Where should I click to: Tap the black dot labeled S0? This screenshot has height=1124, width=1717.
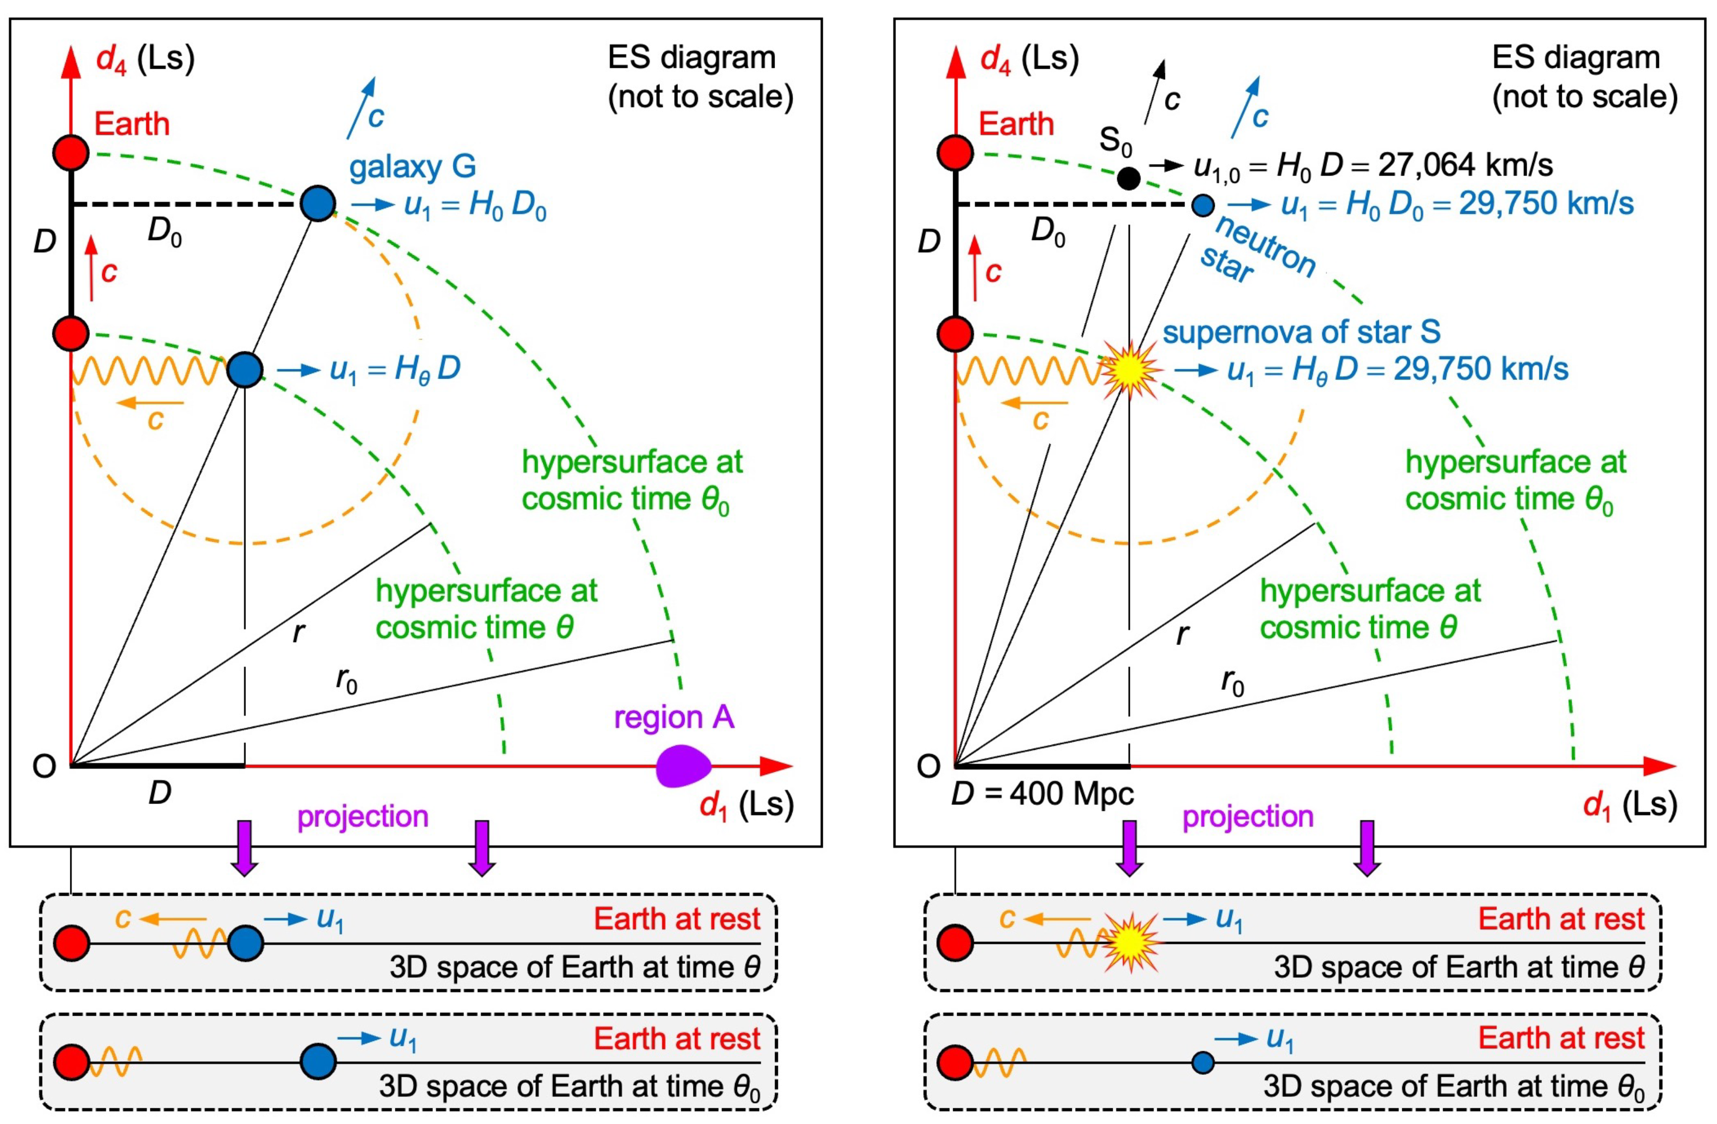coord(1128,178)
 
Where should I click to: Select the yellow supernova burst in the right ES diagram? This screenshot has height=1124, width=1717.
coord(1130,369)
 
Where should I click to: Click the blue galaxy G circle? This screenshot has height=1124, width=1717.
coord(317,204)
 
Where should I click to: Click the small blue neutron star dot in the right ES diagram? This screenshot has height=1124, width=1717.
coord(1202,205)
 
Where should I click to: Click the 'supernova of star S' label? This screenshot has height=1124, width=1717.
coord(1301,332)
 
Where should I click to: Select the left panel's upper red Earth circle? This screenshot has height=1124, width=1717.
coord(71,153)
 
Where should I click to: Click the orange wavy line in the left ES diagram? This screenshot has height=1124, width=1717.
coord(148,371)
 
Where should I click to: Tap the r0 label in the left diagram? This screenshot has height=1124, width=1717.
coord(347,680)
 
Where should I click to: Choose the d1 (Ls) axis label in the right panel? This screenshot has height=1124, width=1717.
coord(1629,804)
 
